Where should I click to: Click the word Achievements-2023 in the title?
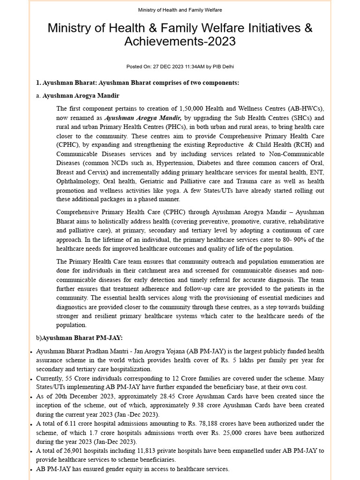point(180,42)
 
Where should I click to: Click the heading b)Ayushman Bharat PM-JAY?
point(79,337)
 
